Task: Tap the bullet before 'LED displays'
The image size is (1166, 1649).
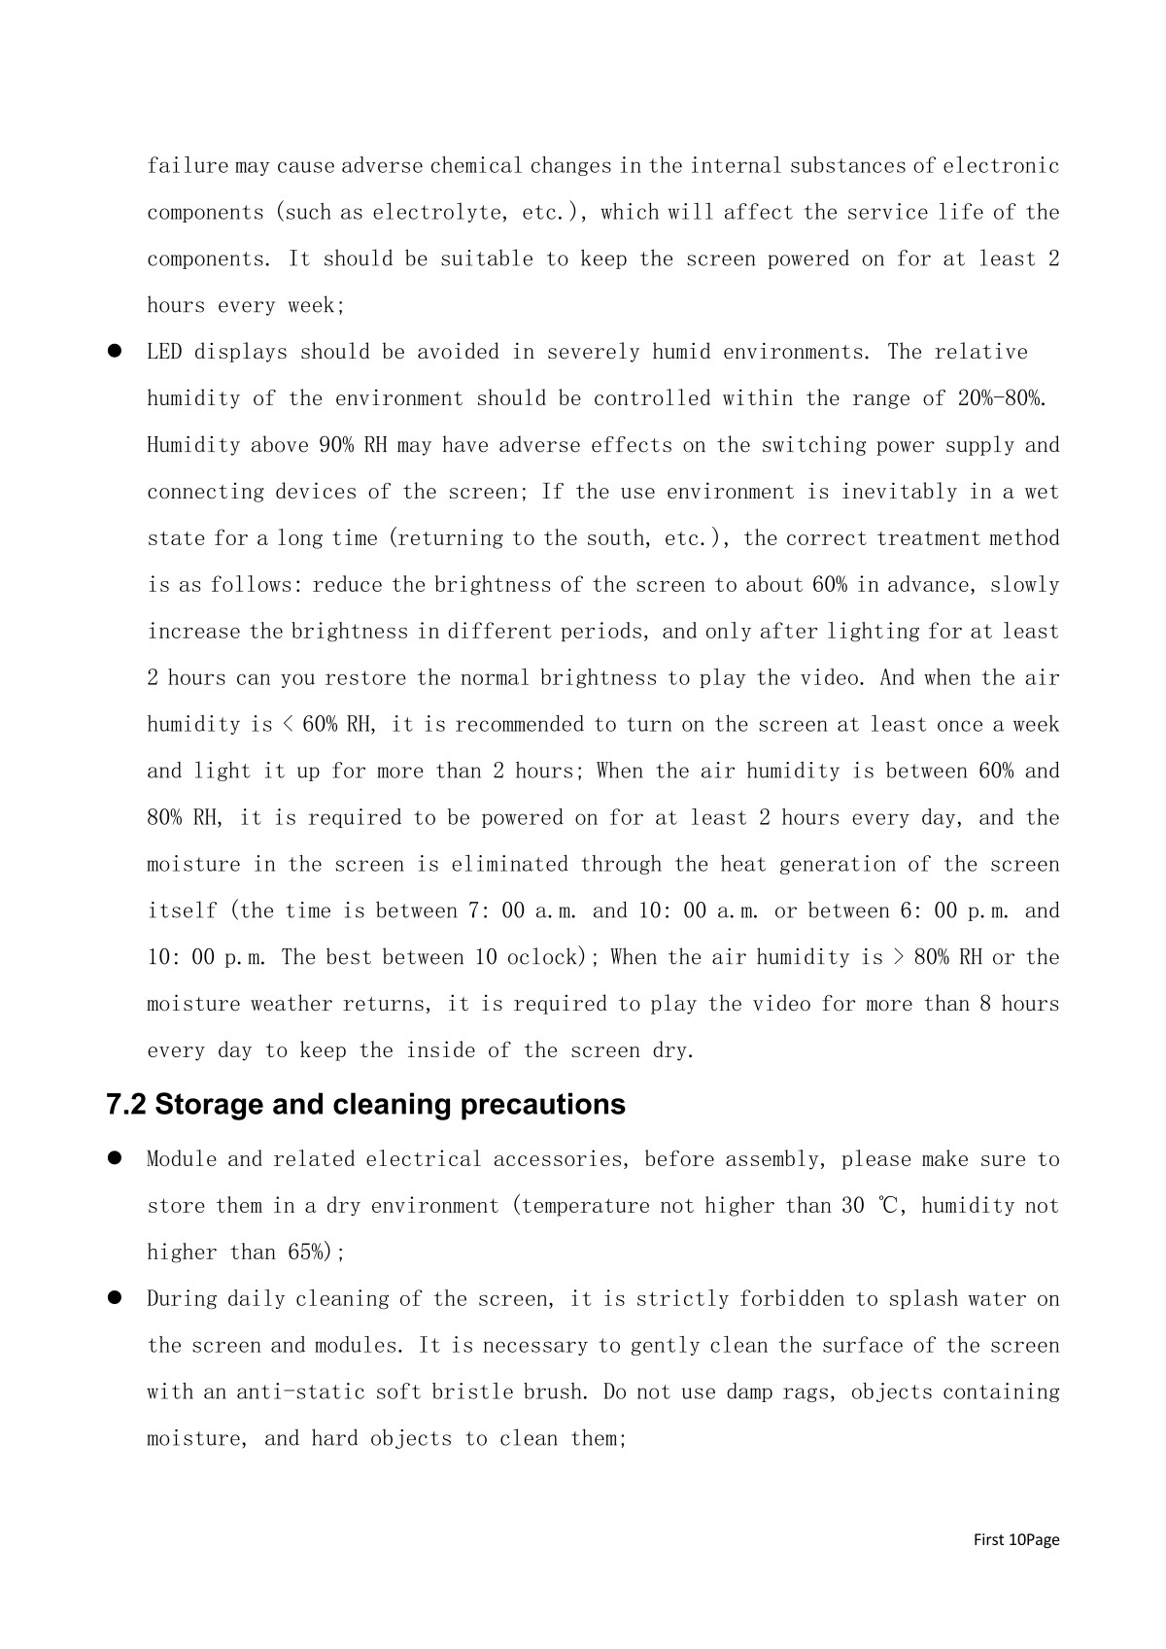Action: [114, 351]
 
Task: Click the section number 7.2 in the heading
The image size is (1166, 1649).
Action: [126, 1105]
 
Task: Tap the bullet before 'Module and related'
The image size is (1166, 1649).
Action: [114, 1158]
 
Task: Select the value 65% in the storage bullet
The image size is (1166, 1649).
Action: [304, 1253]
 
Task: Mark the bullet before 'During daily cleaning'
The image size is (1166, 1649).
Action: [114, 1297]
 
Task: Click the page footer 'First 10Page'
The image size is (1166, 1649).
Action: [1016, 1539]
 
